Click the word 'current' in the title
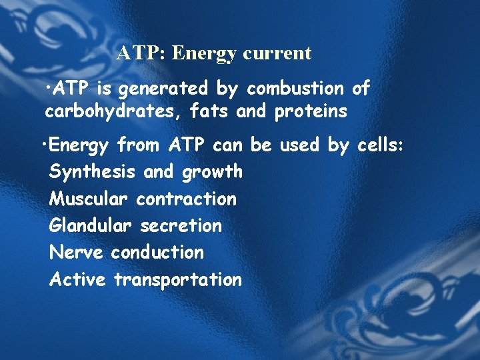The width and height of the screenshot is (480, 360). click(x=277, y=53)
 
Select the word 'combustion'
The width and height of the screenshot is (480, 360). click(x=295, y=88)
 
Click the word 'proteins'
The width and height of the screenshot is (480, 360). click(x=310, y=111)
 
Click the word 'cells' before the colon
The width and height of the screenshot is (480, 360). click(x=377, y=145)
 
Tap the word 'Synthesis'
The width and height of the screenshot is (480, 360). click(x=93, y=172)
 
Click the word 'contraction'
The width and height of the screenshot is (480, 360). click(x=186, y=199)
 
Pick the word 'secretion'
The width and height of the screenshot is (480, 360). click(x=181, y=226)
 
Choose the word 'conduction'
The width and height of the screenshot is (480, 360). click(x=157, y=253)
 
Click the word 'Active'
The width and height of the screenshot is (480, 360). click(x=77, y=279)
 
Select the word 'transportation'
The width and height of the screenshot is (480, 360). click(x=177, y=279)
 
